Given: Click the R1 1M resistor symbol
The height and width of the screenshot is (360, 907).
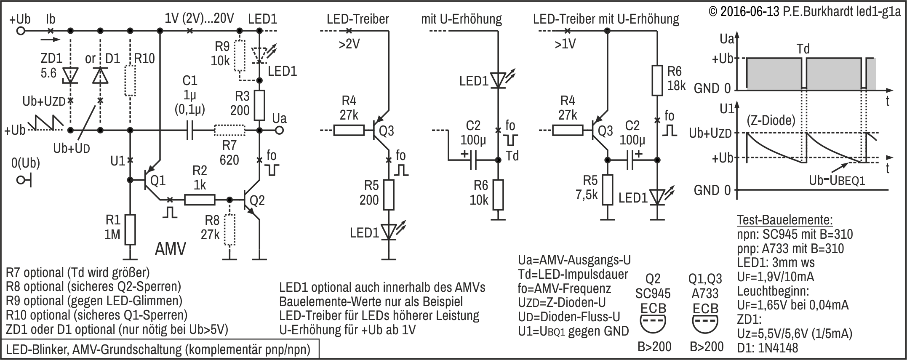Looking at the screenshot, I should click(x=130, y=229).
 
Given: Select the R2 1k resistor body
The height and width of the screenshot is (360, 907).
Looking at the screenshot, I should click(x=200, y=200).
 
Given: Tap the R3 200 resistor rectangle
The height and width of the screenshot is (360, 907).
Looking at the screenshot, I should click(x=259, y=105).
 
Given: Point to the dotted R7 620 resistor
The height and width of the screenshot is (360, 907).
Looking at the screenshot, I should click(x=229, y=131).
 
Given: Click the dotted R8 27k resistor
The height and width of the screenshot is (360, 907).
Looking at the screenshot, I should click(x=229, y=229).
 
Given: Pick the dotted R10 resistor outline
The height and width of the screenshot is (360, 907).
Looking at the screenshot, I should click(x=130, y=80).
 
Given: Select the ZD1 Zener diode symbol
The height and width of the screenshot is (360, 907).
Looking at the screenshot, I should click(x=70, y=75).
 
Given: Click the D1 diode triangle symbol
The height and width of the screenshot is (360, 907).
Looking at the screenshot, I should click(x=100, y=75).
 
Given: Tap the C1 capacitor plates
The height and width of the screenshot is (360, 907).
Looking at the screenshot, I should click(x=189, y=131).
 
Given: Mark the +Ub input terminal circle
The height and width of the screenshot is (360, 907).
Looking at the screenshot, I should click(x=20, y=31).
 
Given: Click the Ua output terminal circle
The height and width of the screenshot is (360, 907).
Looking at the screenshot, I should click(x=279, y=131).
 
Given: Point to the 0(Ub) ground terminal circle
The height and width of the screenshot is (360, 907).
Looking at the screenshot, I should click(x=20, y=180).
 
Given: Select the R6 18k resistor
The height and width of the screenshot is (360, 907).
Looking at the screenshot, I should click(x=657, y=80).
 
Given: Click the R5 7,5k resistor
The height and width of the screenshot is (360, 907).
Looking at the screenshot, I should click(x=607, y=189).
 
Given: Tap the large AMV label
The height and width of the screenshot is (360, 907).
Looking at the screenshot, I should click(x=170, y=249).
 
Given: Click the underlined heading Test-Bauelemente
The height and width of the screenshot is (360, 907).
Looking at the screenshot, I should click(x=784, y=220).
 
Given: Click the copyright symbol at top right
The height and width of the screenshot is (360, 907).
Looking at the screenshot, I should click(x=713, y=11).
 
